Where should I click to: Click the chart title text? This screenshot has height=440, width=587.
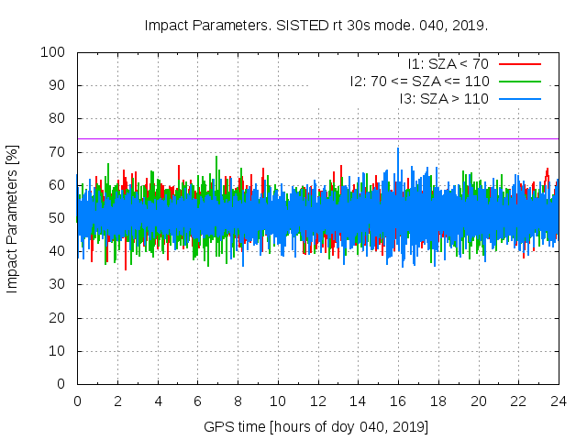[316, 25]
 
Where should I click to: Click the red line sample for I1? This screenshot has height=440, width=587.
[519, 64]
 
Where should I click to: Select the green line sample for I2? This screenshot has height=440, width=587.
[519, 81]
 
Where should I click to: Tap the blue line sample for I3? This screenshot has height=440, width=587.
[519, 98]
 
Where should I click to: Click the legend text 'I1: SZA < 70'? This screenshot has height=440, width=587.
[449, 64]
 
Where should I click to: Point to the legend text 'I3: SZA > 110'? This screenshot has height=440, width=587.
[444, 98]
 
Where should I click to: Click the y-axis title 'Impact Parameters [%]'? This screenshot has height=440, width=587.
[13, 217]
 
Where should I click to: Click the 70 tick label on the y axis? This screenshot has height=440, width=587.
[57, 152]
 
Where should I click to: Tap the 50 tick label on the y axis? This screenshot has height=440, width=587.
[57, 218]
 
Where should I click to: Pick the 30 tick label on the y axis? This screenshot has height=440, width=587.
[57, 285]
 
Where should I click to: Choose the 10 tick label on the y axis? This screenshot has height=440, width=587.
[57, 351]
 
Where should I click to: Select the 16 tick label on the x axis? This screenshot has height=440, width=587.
[398, 401]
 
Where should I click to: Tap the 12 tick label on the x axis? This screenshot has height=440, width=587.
[317, 401]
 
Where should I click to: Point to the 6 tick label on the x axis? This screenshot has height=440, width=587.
[197, 401]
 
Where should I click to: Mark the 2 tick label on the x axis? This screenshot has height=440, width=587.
[117, 401]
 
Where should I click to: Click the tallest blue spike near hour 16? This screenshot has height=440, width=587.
[398, 149]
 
